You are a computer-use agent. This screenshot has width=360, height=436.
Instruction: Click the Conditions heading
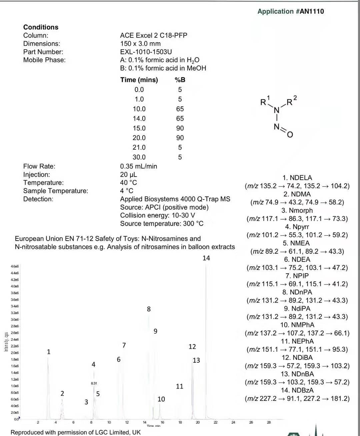pos(41,27)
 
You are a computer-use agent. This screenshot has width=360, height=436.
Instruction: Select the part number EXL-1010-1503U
pos(146,52)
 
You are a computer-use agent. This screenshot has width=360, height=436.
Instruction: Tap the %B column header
pos(180,80)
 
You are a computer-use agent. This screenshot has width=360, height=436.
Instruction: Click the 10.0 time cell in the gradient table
pos(139,109)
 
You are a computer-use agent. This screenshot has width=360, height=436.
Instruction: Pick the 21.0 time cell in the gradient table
pos(139,147)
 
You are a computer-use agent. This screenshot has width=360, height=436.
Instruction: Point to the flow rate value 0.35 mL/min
pos(138,166)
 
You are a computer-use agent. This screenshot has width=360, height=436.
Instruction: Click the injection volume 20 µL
pos(128,175)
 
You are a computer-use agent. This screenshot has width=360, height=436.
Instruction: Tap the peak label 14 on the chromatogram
pos(206,258)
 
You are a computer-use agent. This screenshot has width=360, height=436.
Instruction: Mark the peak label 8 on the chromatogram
pos(149,309)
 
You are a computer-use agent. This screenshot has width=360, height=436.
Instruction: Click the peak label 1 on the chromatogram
pos(49,352)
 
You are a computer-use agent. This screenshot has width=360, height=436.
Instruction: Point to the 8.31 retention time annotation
pos(94,383)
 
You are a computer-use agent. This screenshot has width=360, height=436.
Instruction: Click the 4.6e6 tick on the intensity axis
pos(15,266)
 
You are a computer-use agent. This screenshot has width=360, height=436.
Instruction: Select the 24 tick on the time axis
pos(233,422)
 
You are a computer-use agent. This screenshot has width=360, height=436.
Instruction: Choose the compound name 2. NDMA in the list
pos(297,194)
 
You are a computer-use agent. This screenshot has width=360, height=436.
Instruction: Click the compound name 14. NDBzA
pos(297,390)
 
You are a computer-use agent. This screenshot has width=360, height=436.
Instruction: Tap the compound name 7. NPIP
pos(297,276)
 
